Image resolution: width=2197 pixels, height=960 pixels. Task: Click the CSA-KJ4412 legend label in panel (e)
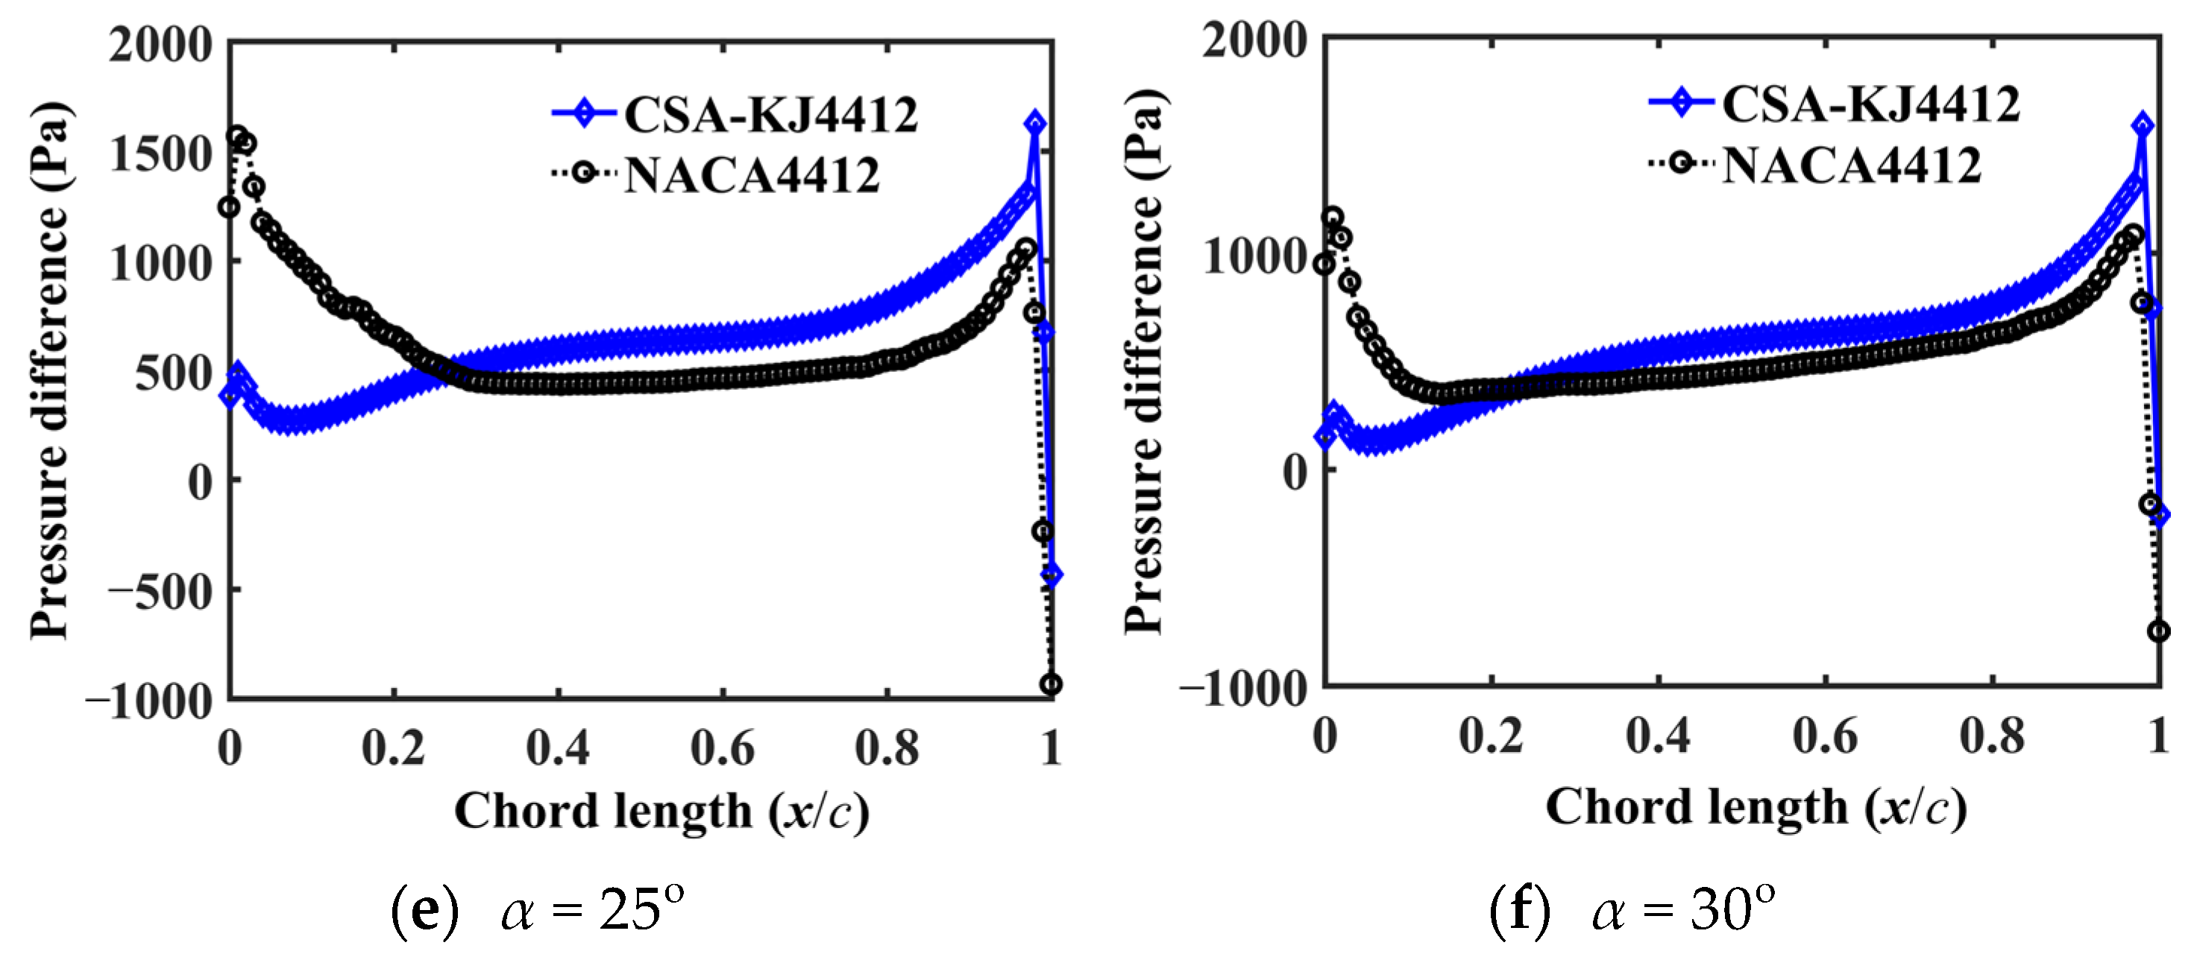[x=770, y=114]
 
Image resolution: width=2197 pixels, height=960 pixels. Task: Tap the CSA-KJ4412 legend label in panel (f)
[x=1870, y=104]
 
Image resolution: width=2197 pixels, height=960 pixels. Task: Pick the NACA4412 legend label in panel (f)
[x=1851, y=165]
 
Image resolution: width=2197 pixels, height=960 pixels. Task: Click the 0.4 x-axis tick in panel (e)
[x=557, y=748]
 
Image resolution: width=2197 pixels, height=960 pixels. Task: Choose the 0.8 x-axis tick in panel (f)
[x=1991, y=735]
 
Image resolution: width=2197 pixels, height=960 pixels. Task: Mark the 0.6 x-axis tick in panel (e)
[x=722, y=748]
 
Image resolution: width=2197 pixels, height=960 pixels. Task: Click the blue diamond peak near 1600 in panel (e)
[x=1034, y=124]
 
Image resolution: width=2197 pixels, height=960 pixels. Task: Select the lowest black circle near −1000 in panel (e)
[x=1051, y=683]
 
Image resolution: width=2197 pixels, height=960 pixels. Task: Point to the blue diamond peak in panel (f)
[x=2143, y=125]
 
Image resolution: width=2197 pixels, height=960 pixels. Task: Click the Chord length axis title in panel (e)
[x=661, y=810]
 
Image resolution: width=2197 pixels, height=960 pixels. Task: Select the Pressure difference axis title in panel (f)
[x=1144, y=362]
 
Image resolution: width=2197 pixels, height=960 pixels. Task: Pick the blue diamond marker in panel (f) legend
[x=1681, y=102]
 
